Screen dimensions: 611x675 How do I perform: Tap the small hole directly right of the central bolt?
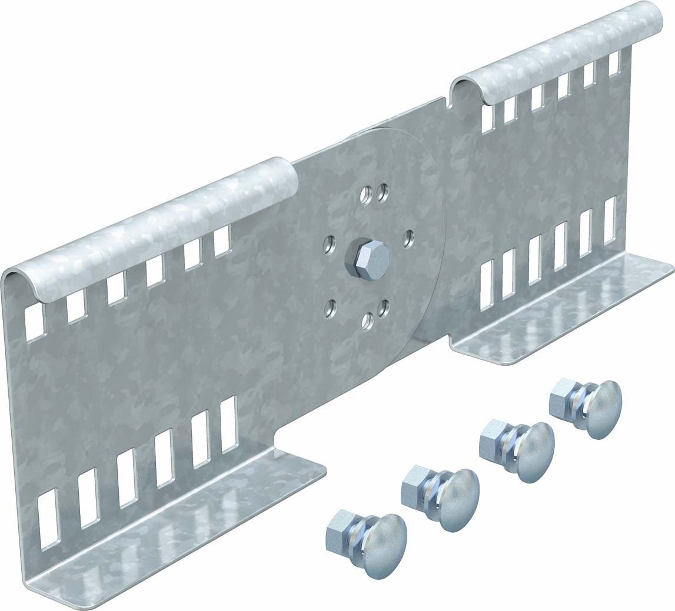408,238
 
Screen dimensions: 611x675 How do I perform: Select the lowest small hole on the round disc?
367,320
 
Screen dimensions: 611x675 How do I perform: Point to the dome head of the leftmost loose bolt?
385,544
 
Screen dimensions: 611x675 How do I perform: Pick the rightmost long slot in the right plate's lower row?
609,219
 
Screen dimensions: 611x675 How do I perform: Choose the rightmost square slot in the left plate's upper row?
222,241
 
